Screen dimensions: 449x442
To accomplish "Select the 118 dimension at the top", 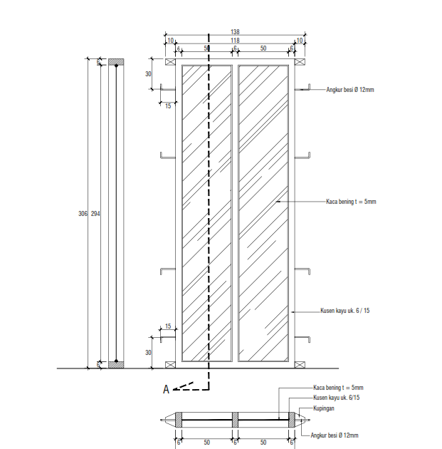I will click(235, 41).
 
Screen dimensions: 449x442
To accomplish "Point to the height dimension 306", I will click(82, 214).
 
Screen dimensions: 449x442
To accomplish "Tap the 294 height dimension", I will click(95, 214).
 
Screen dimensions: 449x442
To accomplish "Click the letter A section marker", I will click(166, 389).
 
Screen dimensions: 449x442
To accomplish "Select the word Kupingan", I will click(324, 408).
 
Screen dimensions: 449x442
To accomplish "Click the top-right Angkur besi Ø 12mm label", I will click(351, 90).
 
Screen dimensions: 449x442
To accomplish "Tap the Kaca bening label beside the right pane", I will click(351, 202).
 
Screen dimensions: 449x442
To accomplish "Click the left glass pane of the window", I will click(207, 212).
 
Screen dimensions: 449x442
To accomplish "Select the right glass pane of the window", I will click(263, 212).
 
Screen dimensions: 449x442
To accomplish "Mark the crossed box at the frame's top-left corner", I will click(170, 62).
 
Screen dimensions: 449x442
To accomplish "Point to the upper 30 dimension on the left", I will click(149, 74).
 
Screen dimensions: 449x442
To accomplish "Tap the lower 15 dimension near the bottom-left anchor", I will click(168, 326).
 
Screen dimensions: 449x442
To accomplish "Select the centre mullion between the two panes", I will click(235, 212).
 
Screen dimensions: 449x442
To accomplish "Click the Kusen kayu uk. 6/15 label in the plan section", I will click(336, 398).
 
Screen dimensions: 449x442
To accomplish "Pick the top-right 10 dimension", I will click(300, 41).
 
